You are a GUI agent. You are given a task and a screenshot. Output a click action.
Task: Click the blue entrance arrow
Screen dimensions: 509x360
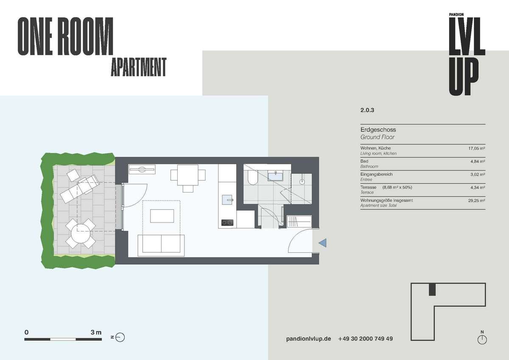click(323, 243)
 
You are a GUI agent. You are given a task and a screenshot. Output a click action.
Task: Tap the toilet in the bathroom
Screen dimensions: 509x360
click(252, 178)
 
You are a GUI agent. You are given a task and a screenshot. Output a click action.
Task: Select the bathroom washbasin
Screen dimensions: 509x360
click(275, 176)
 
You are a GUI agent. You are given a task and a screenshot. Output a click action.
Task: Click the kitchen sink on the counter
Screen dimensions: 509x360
click(227, 200)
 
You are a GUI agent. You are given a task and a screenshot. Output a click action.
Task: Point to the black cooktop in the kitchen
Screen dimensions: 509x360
click(227, 222)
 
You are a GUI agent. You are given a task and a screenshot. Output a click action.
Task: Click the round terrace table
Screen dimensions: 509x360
click(81, 234)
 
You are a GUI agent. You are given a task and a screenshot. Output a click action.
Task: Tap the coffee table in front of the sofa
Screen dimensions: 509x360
click(162, 216)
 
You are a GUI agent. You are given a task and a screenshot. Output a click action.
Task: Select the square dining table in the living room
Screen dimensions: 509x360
click(187, 175)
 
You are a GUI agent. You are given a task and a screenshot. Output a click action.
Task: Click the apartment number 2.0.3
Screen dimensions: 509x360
click(367, 110)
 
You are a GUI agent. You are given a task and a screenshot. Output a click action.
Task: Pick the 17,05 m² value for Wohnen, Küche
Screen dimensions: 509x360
click(477, 148)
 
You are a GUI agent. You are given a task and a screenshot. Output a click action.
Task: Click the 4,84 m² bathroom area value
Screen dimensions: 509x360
click(478, 162)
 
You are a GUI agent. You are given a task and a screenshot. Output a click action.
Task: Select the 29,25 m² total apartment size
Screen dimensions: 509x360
click(477, 201)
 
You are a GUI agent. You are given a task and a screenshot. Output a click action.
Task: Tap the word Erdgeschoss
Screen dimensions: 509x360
click(378, 130)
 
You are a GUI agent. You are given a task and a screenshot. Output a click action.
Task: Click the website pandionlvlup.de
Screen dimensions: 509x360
click(308, 339)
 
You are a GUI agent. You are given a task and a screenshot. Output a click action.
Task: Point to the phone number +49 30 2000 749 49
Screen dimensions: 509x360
click(365, 339)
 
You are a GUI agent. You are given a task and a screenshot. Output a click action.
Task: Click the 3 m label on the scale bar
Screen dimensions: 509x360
click(96, 332)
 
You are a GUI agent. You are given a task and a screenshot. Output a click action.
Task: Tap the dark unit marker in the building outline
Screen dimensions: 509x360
click(432, 290)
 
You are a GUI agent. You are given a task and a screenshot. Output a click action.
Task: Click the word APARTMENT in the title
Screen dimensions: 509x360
click(139, 67)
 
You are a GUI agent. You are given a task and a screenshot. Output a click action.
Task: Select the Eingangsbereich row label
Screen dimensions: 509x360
click(377, 174)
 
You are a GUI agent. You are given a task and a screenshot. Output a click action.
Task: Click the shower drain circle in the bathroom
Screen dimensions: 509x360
click(302, 182)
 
